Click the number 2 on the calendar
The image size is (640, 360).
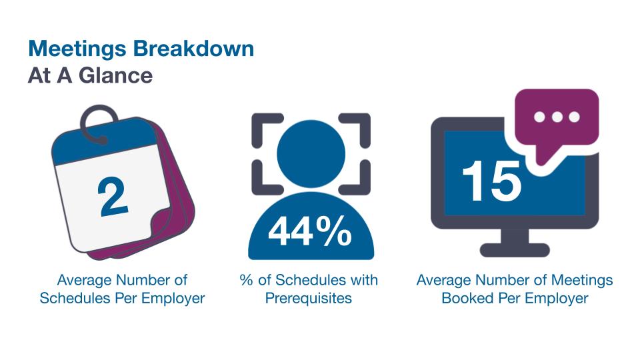113,199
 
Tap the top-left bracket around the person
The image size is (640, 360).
262,125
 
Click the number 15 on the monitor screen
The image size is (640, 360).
492,179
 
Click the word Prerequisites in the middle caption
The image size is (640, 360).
308,298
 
